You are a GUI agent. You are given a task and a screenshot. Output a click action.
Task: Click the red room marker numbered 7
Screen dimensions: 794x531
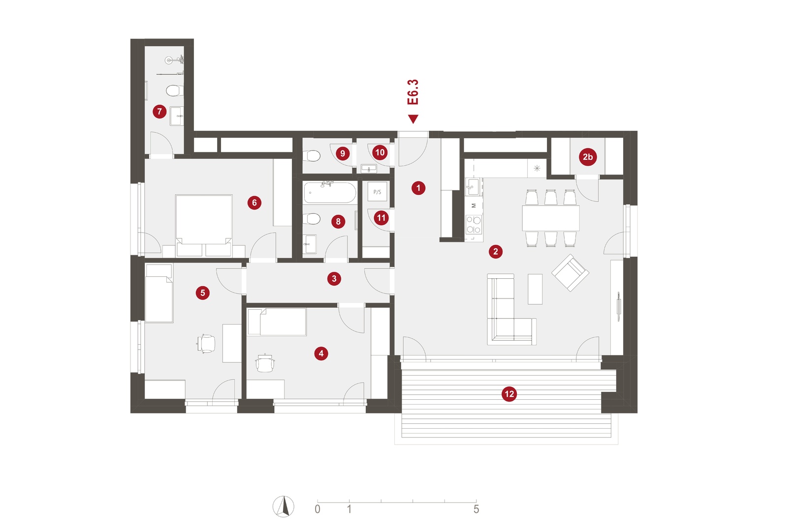point(159,112)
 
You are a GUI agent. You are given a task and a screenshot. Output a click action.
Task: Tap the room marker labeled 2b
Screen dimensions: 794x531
point(588,157)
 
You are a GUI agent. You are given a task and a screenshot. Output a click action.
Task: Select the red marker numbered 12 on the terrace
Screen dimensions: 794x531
point(509,394)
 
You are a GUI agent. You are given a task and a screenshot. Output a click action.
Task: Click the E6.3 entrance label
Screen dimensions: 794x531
point(413,92)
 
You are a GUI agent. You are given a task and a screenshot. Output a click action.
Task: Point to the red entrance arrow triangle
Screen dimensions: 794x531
point(413,119)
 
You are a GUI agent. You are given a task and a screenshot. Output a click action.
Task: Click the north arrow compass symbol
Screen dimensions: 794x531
point(283,506)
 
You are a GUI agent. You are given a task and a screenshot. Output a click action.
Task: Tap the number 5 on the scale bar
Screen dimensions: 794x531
point(476,509)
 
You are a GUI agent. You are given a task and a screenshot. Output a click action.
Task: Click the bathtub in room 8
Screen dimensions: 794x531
point(330,192)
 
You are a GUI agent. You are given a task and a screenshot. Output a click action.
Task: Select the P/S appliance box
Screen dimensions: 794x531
point(377,192)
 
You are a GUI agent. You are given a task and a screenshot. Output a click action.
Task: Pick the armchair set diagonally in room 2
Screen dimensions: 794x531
point(570,272)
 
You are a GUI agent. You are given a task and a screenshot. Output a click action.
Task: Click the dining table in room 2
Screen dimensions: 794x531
point(550,218)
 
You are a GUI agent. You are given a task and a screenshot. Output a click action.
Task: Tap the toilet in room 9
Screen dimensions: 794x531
point(312,156)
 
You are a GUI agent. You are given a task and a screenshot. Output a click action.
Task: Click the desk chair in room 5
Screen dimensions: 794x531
point(206,343)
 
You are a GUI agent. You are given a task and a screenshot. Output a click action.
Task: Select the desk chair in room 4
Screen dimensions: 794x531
point(265,363)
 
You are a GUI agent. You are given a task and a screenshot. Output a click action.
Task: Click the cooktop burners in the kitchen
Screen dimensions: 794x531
point(474,224)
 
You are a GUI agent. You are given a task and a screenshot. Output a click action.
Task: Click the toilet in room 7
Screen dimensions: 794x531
point(174,90)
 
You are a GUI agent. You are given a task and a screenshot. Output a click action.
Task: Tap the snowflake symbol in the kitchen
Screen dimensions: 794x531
point(537,168)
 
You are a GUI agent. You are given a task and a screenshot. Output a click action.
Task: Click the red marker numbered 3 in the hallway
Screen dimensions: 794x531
point(334,279)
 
